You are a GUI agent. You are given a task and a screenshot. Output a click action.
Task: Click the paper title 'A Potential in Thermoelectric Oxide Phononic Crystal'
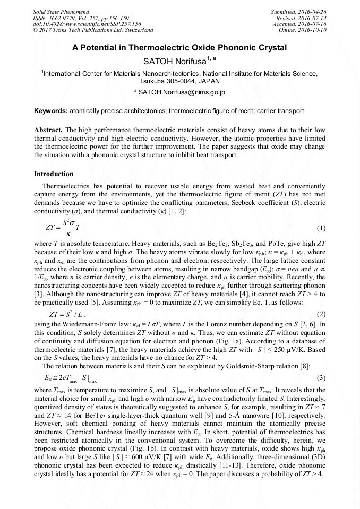point(179,48)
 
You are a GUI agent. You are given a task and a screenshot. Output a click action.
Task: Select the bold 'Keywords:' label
point(51,111)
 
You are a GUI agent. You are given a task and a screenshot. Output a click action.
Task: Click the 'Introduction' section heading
point(54,174)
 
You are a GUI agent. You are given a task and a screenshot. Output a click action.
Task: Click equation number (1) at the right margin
point(321,228)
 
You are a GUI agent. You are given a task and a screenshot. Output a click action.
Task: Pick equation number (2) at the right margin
point(321,315)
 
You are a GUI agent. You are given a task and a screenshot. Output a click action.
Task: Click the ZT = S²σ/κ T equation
point(63,227)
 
